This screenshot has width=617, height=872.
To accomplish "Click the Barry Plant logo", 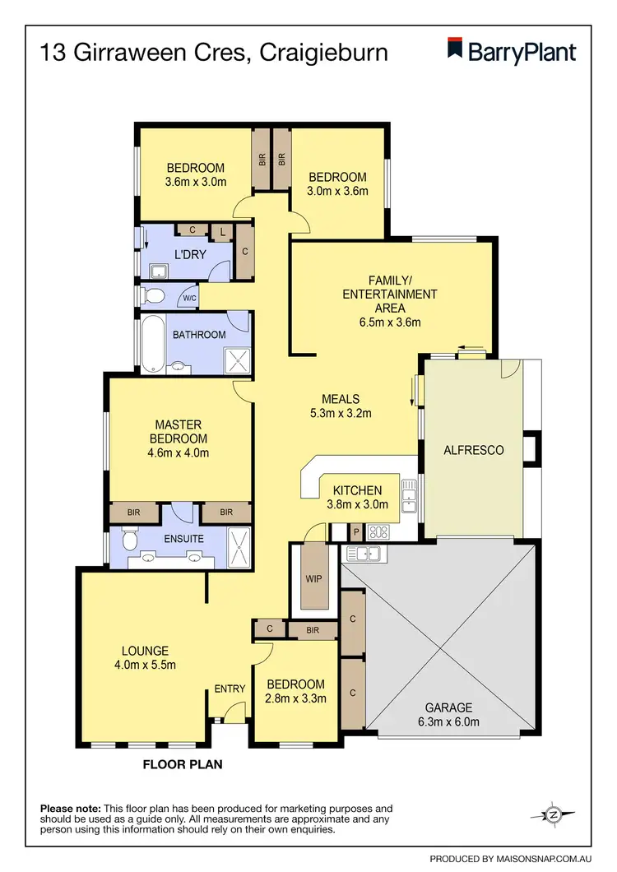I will click(511, 50).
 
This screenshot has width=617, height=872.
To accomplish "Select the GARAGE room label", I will click(448, 707).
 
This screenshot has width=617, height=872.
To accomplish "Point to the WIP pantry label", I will click(313, 578).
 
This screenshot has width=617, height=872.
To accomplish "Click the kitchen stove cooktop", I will click(380, 531).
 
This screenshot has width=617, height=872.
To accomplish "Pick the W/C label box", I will click(188, 298).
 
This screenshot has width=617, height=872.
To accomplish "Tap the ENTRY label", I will click(230, 689).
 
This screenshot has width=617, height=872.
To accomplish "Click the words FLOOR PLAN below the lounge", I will click(183, 764).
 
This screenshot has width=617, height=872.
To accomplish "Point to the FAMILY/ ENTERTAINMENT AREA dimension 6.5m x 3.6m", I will click(389, 322).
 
